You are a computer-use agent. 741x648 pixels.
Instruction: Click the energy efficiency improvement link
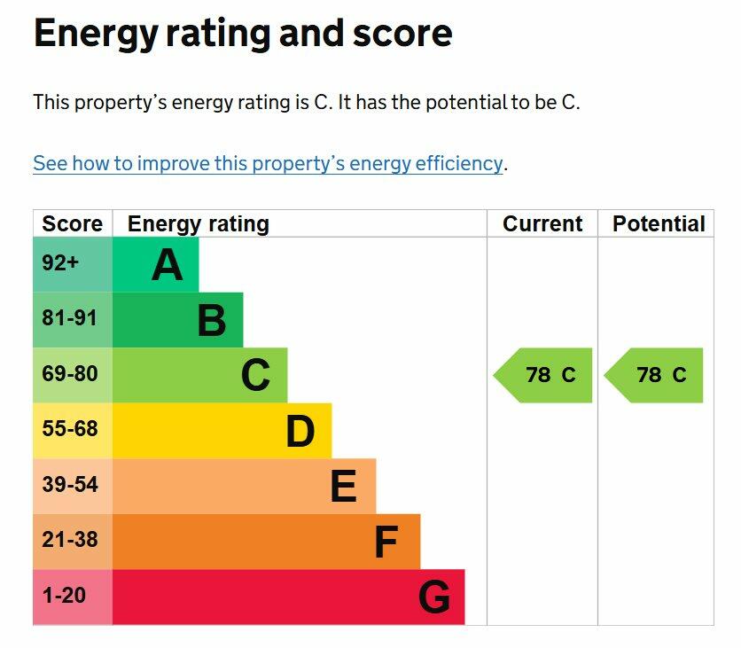pos(268,164)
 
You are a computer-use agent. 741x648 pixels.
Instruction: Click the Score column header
pos(73,224)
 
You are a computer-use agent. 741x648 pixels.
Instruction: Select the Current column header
pos(542,224)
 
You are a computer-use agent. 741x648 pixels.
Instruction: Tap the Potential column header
pos(659,224)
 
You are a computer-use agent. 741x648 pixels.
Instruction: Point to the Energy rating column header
pos(198,224)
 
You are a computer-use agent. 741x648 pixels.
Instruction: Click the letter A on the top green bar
pos(167,264)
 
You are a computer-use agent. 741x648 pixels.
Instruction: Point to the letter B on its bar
pos(212,320)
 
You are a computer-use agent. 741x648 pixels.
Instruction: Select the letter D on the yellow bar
pos(300,432)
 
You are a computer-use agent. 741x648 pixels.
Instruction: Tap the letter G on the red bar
pos(434,597)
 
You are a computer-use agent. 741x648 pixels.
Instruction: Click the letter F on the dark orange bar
pos(386,543)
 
